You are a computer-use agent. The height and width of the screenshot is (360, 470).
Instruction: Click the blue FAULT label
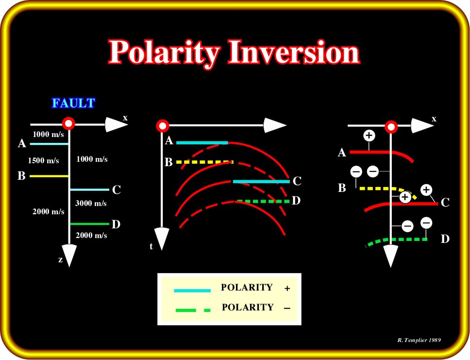tap(73, 103)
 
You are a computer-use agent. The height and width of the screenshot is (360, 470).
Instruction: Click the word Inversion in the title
tap(294, 52)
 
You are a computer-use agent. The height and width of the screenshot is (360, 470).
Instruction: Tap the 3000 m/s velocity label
tap(91, 204)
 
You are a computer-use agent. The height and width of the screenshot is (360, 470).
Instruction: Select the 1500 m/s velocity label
tap(44, 160)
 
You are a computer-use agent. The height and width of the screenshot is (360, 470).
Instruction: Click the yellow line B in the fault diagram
tap(49, 176)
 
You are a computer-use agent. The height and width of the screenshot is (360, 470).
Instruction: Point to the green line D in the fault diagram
tap(90, 224)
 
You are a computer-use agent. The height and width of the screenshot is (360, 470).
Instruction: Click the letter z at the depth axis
tap(60, 259)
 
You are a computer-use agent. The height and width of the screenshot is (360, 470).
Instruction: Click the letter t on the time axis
tap(151, 246)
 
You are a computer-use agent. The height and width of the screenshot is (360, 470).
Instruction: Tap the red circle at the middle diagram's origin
tap(163, 126)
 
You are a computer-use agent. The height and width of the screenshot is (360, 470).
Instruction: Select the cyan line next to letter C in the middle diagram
tap(261, 182)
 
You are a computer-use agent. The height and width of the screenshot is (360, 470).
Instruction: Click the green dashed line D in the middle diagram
tap(264, 201)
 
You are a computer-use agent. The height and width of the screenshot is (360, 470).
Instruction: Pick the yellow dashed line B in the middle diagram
tap(205, 162)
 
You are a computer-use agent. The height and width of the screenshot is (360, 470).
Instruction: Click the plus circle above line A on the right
tap(369, 136)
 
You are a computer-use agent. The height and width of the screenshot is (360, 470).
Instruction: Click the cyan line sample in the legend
tap(192, 291)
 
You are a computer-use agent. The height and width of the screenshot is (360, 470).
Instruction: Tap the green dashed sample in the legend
tap(193, 310)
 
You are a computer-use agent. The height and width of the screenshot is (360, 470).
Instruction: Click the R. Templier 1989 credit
tap(419, 340)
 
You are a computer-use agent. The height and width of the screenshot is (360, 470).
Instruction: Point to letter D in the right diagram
tap(445, 239)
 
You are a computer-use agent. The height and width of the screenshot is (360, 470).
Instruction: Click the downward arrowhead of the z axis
tap(69, 255)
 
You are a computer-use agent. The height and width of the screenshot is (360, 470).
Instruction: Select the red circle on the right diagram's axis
tap(391, 127)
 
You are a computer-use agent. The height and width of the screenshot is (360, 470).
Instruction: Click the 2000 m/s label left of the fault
tap(49, 211)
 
